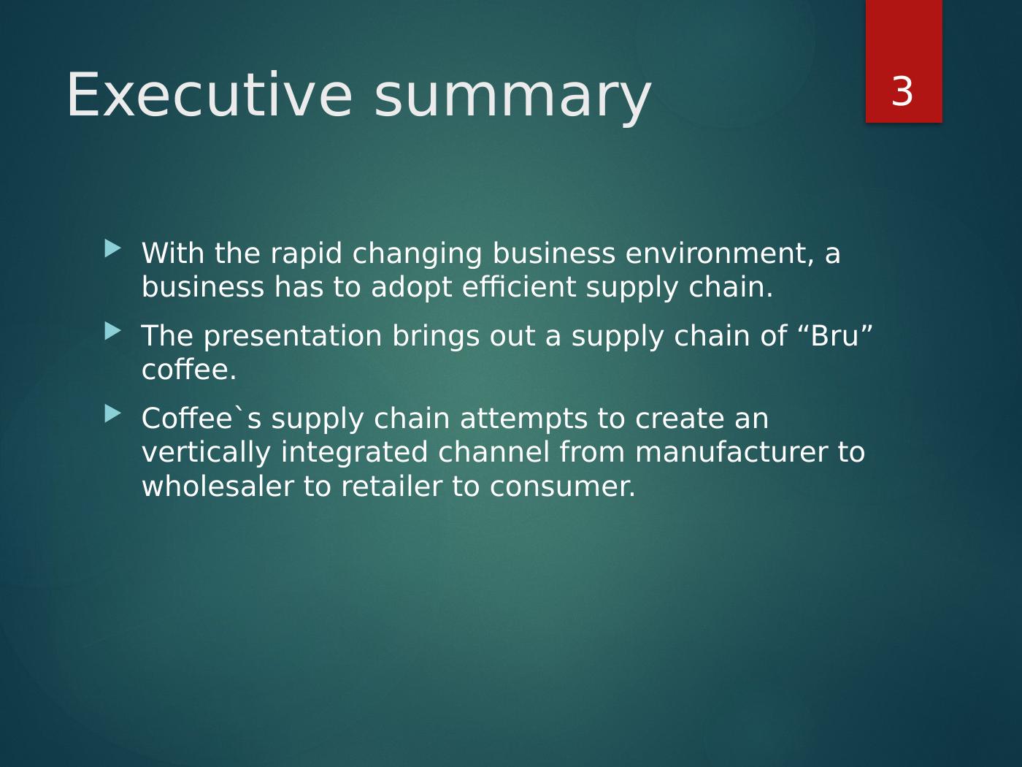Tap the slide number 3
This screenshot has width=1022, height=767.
point(902,92)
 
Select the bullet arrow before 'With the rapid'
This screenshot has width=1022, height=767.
point(113,248)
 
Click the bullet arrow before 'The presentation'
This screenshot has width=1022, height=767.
point(113,331)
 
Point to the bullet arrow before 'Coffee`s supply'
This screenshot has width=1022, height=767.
point(113,413)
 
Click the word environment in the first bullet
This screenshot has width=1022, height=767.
point(720,253)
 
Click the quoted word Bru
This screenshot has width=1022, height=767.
point(835,336)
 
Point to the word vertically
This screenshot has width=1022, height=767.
point(207,454)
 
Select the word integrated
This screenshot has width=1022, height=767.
point(354,454)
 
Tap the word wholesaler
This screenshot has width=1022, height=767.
point(218,486)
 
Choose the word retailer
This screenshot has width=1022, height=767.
point(391,486)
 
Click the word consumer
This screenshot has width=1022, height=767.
point(563,487)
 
